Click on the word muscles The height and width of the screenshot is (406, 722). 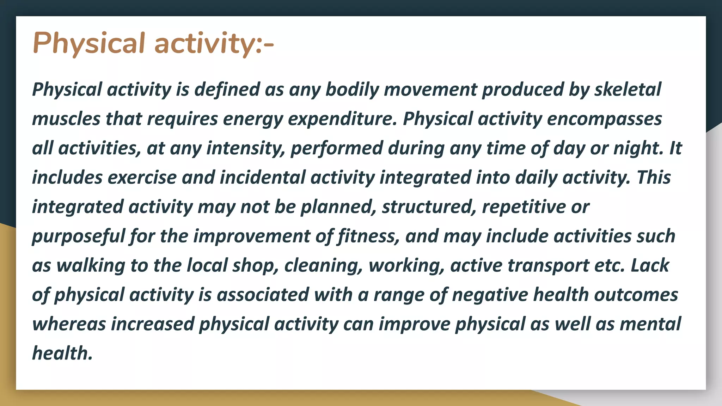point(66,119)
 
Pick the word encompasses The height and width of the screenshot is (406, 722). point(604,119)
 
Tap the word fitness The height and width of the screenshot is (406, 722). point(369,236)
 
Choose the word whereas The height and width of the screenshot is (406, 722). point(69,324)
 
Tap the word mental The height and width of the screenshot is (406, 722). point(650,324)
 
